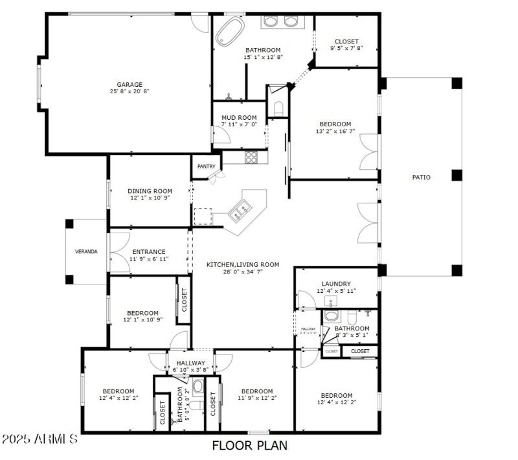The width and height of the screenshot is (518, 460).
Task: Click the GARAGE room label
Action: pyautogui.click(x=129, y=84)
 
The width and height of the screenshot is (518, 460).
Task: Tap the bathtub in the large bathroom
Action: pyautogui.click(x=230, y=30)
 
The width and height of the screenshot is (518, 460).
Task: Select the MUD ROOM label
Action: pyautogui.click(x=239, y=117)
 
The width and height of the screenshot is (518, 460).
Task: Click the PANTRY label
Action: pyautogui.click(x=206, y=167)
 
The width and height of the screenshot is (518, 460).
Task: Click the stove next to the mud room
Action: pyautogui.click(x=251, y=157)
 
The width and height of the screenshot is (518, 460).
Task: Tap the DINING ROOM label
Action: pyautogui.click(x=150, y=191)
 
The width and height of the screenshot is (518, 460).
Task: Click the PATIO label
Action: pyautogui.click(x=422, y=177)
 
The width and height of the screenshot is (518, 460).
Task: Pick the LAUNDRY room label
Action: pyautogui.click(x=336, y=284)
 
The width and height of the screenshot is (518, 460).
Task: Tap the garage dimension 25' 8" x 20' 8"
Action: pyautogui.click(x=129, y=92)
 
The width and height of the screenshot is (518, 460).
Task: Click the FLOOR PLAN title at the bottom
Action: pyautogui.click(x=249, y=446)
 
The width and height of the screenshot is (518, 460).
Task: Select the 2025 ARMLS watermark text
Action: pyautogui.click(x=40, y=439)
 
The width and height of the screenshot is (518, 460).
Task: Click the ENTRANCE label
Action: pyautogui.click(x=149, y=252)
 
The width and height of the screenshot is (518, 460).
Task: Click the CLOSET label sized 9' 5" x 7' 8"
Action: pyautogui.click(x=346, y=41)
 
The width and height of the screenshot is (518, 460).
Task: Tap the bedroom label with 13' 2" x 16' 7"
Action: pyautogui.click(x=335, y=124)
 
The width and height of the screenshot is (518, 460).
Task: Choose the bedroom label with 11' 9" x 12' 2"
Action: pyautogui.click(x=256, y=391)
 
